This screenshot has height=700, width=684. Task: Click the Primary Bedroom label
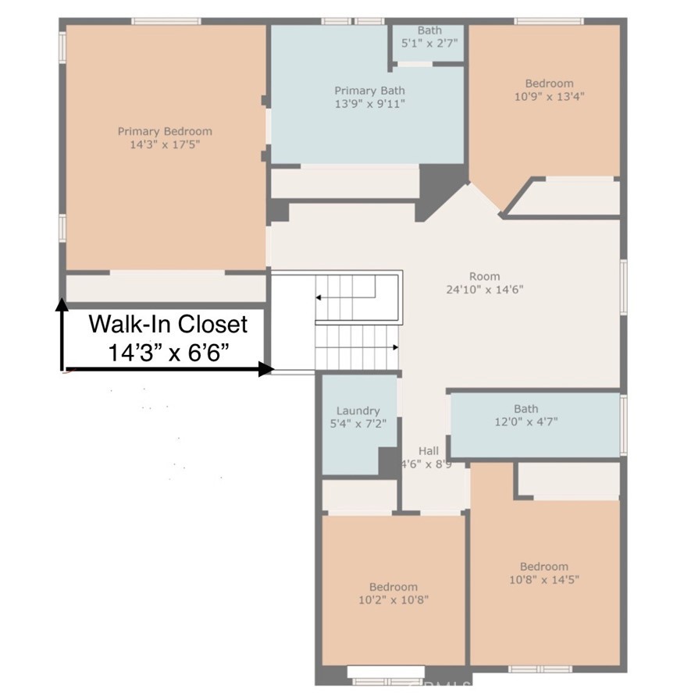coord(165,131)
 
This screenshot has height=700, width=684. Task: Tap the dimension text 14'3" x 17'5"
coord(165,144)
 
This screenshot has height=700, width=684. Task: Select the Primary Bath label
coord(369,91)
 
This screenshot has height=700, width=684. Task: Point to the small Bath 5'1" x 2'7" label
coord(429,37)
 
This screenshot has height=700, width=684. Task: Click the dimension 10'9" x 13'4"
coord(550,97)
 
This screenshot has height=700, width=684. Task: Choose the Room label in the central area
coord(484,276)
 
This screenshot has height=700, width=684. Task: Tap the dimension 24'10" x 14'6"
coord(485,290)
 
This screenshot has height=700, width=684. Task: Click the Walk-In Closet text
coord(168,325)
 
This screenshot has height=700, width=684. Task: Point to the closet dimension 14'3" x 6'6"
coord(169,354)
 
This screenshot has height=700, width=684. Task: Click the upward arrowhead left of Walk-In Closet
coord(62,304)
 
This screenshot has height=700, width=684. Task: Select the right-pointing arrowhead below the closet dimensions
coord(266,369)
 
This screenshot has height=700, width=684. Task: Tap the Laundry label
coord(358,410)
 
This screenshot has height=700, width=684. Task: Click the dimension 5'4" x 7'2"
coord(358,423)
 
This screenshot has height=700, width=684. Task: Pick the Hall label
coord(429,451)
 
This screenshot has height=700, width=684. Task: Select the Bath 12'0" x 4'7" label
coord(526,415)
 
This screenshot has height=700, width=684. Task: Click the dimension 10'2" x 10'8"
coord(394,599)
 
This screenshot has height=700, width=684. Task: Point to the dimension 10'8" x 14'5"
coord(544,580)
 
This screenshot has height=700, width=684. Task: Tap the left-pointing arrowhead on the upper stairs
coord(318,297)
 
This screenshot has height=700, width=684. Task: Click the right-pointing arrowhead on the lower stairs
coord(395,347)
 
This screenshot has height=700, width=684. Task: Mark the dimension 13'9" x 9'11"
coord(370,104)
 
